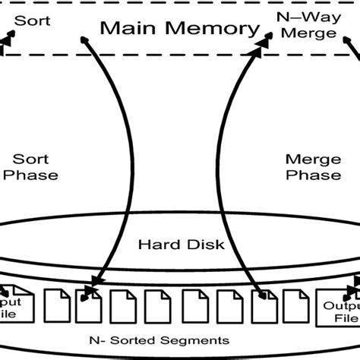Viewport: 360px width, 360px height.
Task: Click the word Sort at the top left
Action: [35, 21]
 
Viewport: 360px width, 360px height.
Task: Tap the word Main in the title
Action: [126, 29]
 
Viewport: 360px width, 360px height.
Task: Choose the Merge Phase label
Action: [313, 166]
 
